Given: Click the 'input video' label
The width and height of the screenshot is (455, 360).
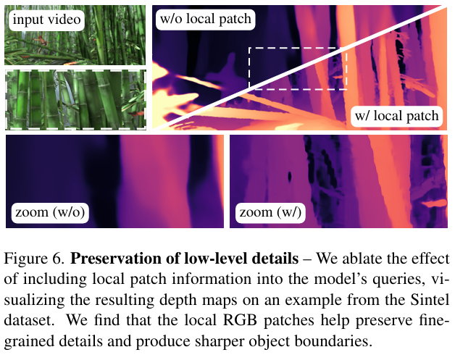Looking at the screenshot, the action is (46, 20).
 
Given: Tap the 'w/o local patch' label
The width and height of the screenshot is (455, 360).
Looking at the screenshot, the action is (206, 19).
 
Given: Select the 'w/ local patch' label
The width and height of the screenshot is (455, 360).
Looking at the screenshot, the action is (396, 116).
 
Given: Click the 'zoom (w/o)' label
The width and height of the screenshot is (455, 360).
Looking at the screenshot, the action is (50, 213).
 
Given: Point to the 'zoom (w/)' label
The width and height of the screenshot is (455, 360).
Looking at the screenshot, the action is (270, 213).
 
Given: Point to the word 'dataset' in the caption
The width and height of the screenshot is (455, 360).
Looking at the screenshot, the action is (29, 320).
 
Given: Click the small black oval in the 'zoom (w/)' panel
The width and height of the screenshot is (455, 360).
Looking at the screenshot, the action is (289, 176).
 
